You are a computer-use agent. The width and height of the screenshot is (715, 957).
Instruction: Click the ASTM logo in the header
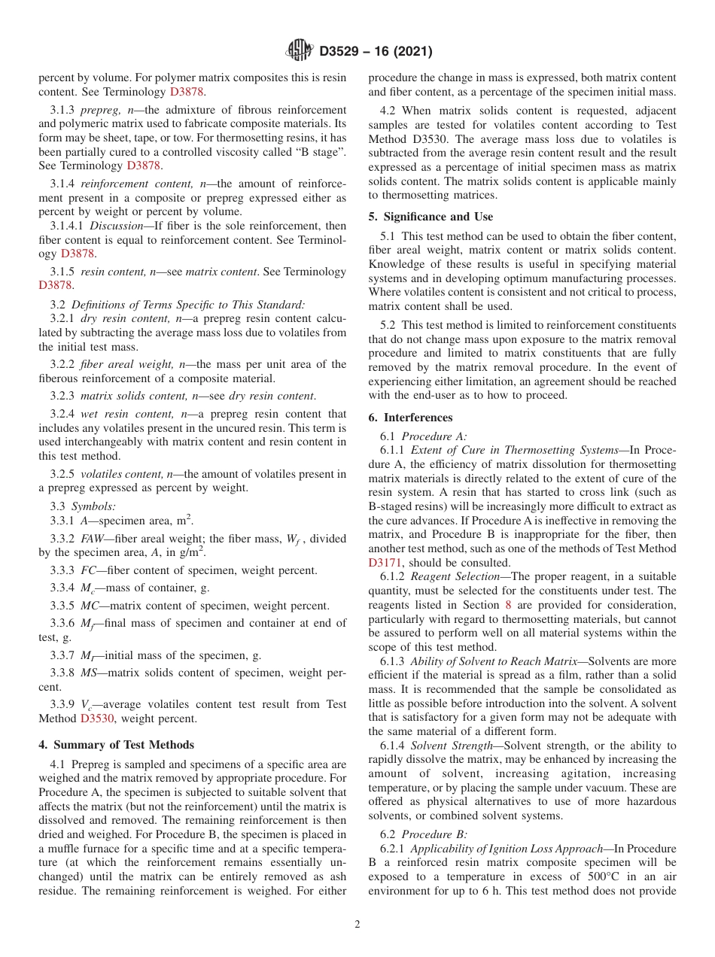point(299,50)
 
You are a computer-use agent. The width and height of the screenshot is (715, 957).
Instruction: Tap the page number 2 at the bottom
point(357,925)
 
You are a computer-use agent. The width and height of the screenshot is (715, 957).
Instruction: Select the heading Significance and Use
point(431,217)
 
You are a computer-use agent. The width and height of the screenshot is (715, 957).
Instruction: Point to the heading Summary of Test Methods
point(116,745)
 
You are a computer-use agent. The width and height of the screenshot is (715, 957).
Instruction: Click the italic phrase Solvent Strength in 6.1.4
point(446,746)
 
